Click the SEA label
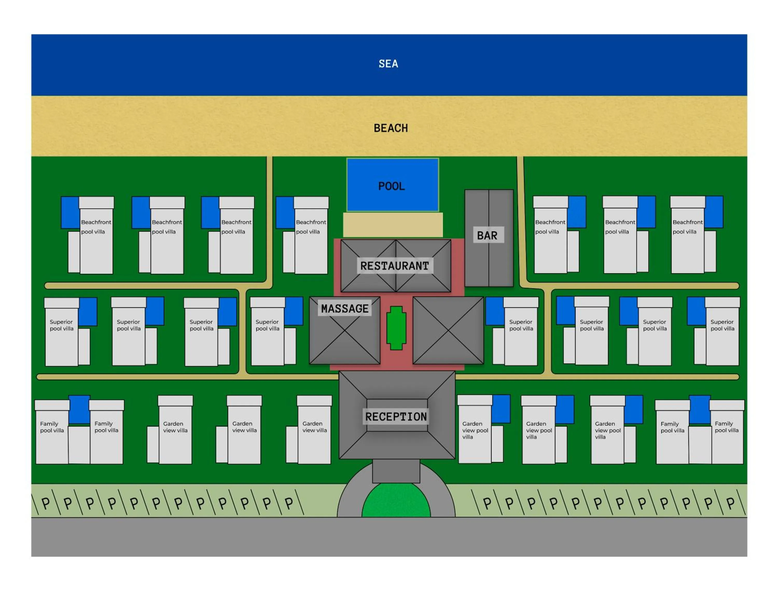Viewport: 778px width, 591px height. click(x=388, y=64)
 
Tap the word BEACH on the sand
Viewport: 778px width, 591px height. click(x=391, y=128)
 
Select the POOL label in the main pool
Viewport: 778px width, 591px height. click(x=391, y=186)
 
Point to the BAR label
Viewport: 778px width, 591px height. click(x=487, y=235)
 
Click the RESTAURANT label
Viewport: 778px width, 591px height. click(x=394, y=266)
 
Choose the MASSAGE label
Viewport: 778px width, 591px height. click(x=344, y=308)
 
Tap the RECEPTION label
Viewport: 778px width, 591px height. click(x=396, y=417)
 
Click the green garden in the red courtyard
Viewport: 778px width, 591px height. click(x=396, y=328)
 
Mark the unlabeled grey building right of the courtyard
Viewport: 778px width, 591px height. click(x=448, y=330)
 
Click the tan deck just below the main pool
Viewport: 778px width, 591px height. click(x=393, y=225)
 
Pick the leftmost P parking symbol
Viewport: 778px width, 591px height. click(x=46, y=503)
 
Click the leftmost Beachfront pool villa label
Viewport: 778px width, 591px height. click(x=96, y=227)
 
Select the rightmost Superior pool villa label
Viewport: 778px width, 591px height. click(x=722, y=325)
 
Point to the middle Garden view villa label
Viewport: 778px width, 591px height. click(x=244, y=427)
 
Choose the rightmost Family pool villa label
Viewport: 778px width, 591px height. click(x=726, y=427)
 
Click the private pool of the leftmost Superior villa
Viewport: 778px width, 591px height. click(x=88, y=312)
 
